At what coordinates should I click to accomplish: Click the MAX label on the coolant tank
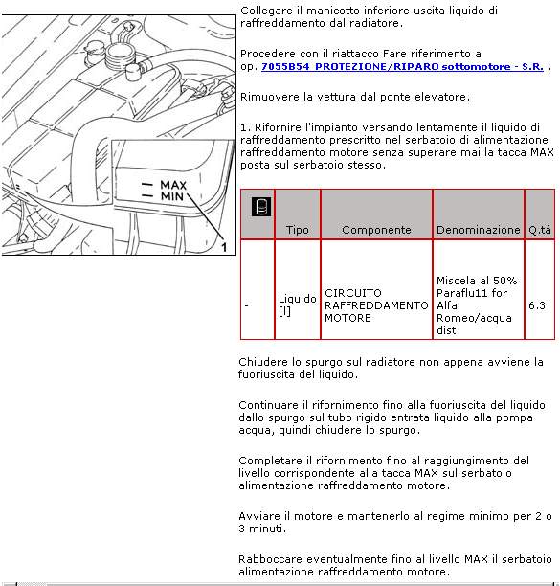[x=173, y=185]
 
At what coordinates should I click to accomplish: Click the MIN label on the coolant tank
[x=172, y=196]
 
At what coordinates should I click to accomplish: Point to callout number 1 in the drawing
[x=224, y=247]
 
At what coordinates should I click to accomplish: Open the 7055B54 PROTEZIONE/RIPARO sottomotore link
[x=402, y=66]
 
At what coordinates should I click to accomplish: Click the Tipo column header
[x=298, y=230]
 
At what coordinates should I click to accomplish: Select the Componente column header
[x=376, y=230]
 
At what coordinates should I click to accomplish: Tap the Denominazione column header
[x=479, y=230]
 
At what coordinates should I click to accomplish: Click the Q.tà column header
[x=540, y=230]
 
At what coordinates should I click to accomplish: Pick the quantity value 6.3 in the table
[x=536, y=305]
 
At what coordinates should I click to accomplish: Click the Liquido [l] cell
[x=298, y=304]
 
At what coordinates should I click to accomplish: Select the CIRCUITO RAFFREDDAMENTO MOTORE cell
[x=376, y=305]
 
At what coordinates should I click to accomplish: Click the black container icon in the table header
[x=261, y=206]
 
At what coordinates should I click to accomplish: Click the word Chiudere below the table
[x=263, y=362]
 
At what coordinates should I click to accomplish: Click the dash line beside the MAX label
[x=147, y=184]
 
